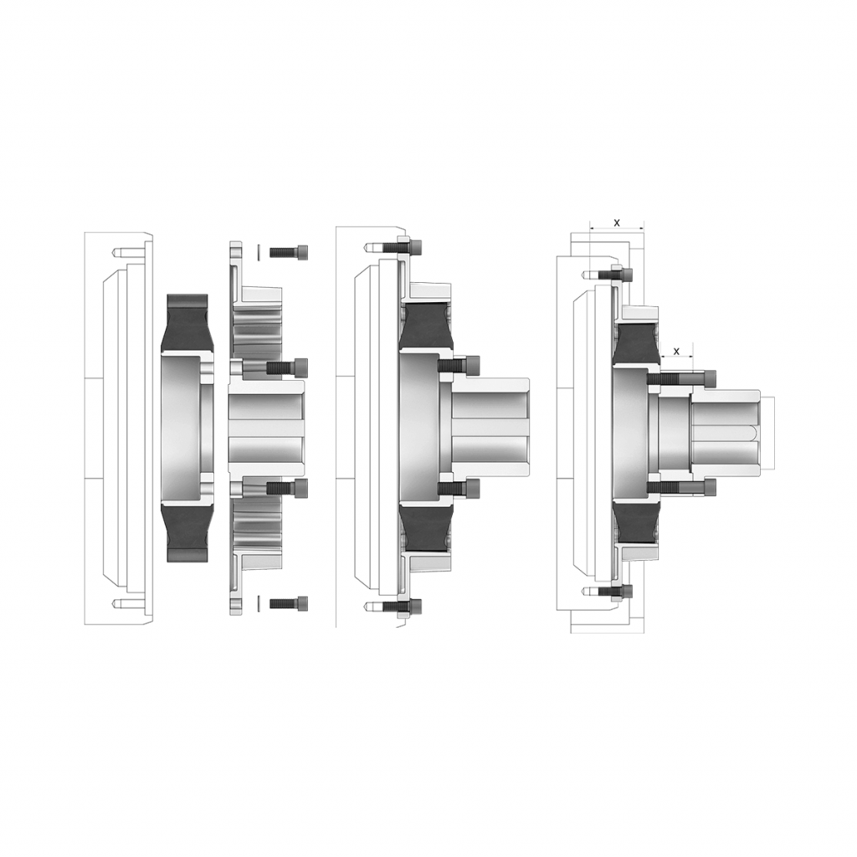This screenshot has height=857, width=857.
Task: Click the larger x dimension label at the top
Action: [x=617, y=223]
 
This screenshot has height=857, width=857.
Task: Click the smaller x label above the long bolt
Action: [x=676, y=351]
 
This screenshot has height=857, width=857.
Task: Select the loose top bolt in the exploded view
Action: [x=288, y=253]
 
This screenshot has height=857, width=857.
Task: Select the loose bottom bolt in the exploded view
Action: [x=288, y=603]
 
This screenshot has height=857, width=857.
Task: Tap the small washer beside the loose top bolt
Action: [x=259, y=253]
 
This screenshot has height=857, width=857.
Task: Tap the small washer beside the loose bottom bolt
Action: [x=259, y=603]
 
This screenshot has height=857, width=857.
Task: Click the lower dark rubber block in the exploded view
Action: [x=187, y=533]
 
